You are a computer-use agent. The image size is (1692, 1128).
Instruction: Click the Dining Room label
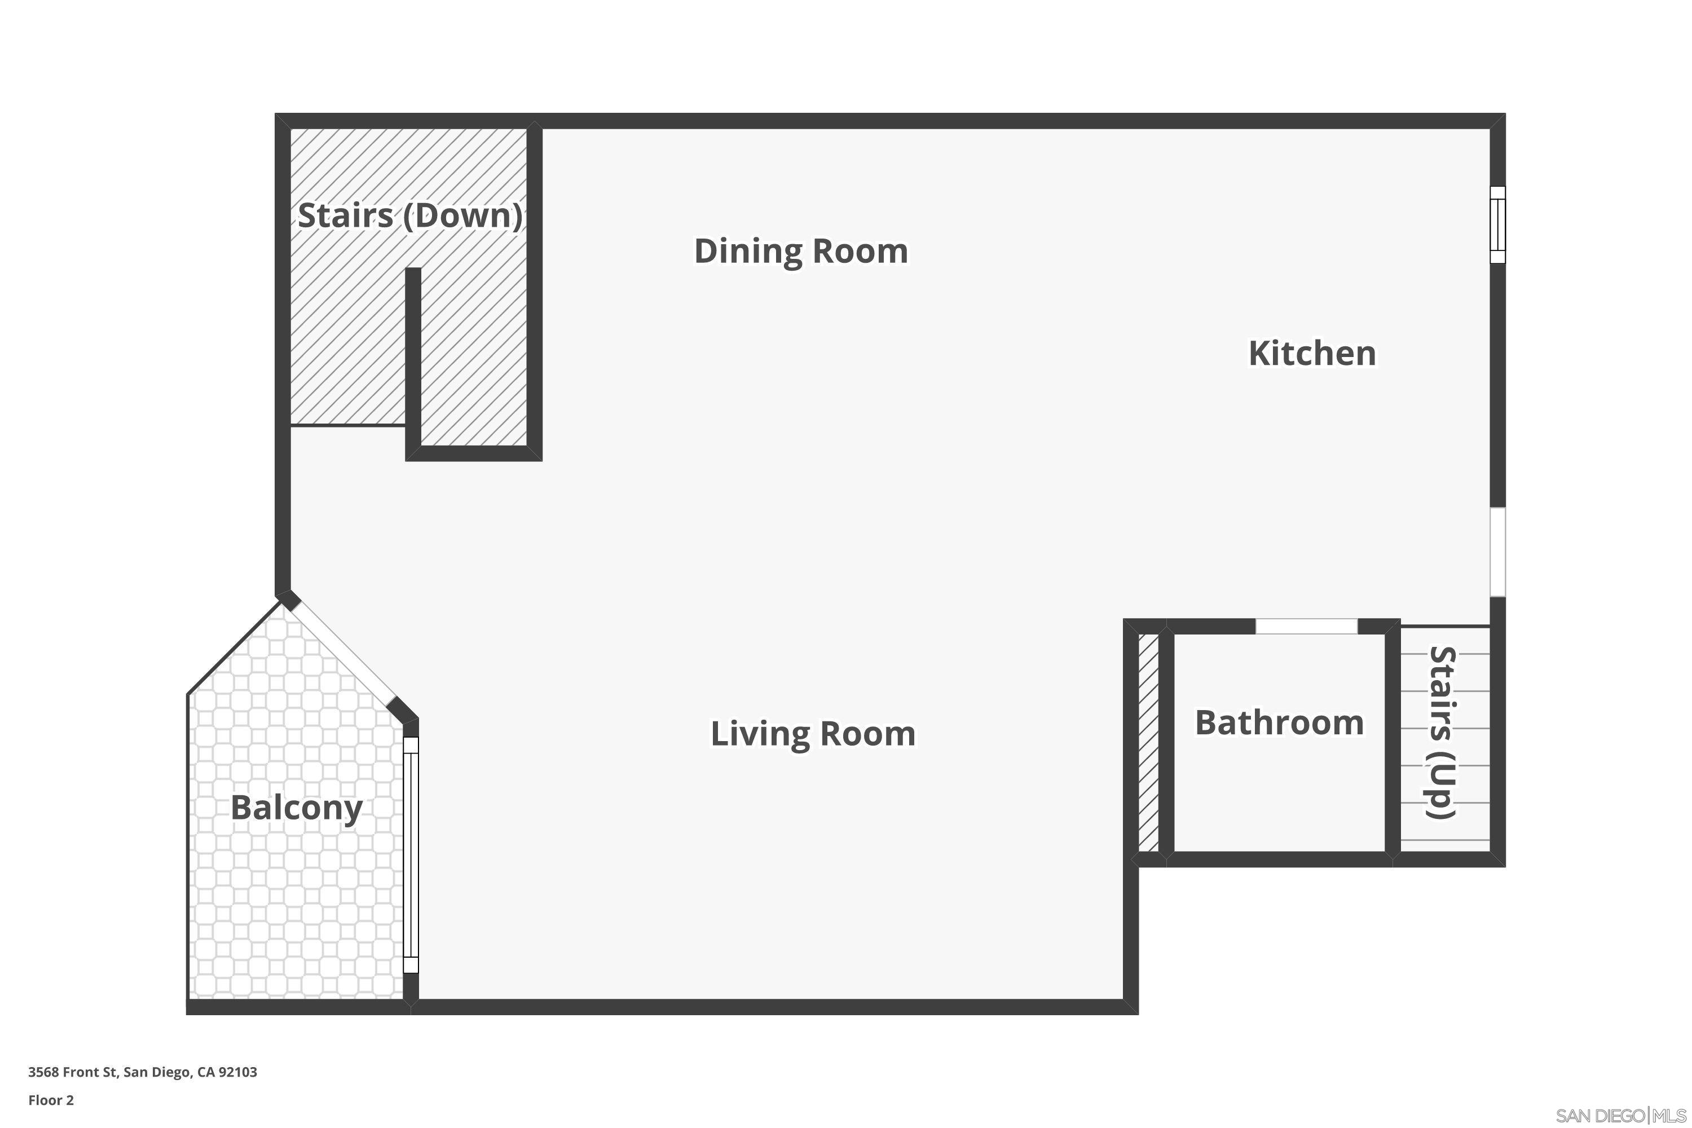tap(801, 251)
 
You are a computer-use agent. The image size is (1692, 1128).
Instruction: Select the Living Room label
tap(813, 734)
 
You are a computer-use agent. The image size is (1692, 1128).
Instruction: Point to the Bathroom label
tap(1279, 722)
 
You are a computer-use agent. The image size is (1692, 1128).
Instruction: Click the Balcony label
tap(297, 807)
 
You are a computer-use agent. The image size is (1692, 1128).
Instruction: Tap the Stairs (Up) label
tap(1442, 732)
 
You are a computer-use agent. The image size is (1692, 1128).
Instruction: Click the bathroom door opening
tap(1306, 626)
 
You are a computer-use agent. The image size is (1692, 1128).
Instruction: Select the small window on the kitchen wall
tap(1497, 224)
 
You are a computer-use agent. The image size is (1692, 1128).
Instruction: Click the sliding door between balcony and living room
tap(410, 854)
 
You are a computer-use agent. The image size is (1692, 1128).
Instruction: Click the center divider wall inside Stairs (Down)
tap(413, 360)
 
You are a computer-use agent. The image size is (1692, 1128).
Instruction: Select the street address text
tap(143, 1072)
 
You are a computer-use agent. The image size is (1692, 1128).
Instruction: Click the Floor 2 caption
tap(51, 1100)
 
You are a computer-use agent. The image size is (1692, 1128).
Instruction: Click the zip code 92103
tap(237, 1072)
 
